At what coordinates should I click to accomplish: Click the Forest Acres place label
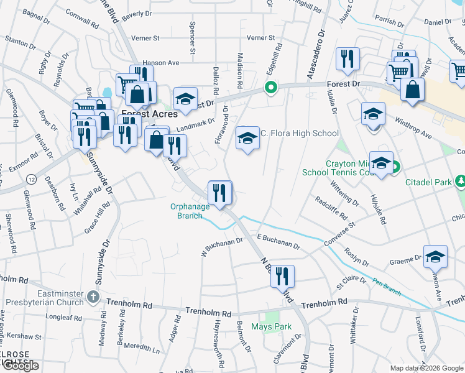(149, 114)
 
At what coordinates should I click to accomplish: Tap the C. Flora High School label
(300, 133)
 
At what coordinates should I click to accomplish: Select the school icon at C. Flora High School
(247, 137)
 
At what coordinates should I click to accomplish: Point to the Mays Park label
(271, 326)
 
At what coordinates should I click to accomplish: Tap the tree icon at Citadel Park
(460, 182)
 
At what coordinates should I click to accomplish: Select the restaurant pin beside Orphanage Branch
(219, 192)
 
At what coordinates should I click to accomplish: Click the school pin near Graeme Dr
(435, 257)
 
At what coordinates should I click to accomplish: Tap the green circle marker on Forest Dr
(270, 88)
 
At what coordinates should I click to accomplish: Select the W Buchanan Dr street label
(221, 247)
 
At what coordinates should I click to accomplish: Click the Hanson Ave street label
(160, 63)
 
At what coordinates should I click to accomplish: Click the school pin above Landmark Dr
(185, 99)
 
